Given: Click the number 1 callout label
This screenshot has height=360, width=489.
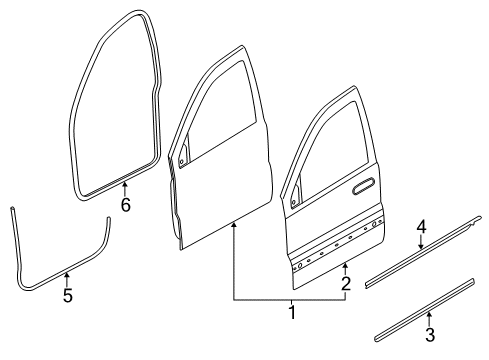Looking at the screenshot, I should tap(292, 313).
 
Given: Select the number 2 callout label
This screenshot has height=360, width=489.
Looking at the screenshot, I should tap(346, 284).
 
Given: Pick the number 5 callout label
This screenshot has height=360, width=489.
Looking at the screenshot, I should tap(67, 295).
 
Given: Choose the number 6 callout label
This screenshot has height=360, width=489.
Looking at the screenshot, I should tap(125, 205).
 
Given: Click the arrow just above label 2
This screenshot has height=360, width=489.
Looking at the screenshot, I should tap(346, 267).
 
